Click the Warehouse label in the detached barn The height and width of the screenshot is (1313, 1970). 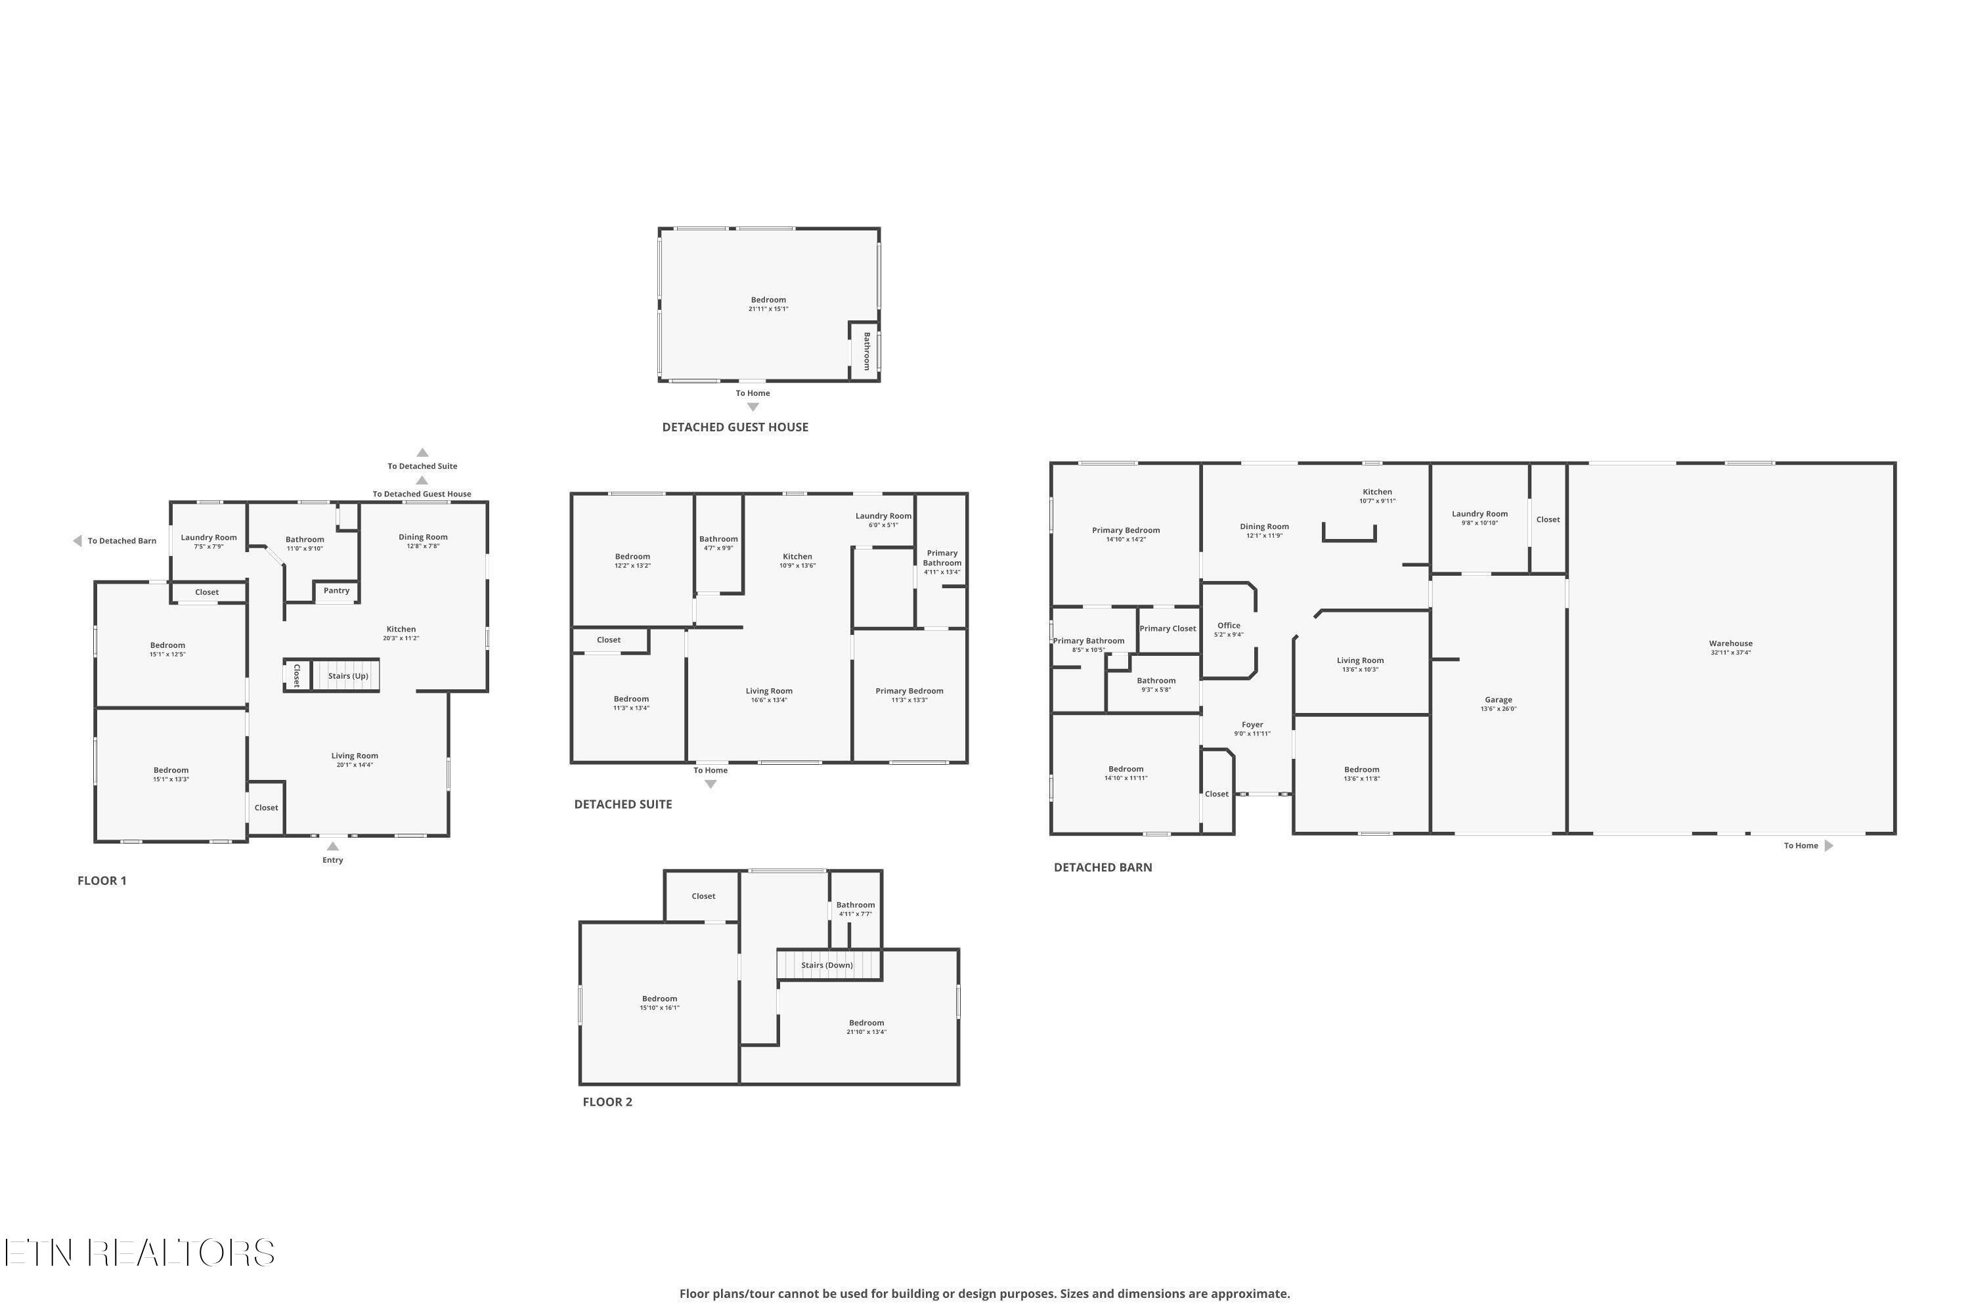[x=1730, y=643]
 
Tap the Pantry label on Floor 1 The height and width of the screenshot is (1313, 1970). [x=337, y=590]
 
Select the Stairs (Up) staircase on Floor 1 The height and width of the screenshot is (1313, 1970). [x=346, y=675]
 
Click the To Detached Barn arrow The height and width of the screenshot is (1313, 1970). [x=77, y=541]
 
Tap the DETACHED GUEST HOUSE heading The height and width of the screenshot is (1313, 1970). [x=735, y=427]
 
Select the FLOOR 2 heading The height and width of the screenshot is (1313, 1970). [x=607, y=1102]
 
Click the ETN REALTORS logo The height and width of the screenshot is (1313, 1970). [x=139, y=1253]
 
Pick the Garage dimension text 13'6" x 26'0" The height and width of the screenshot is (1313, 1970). [x=1499, y=708]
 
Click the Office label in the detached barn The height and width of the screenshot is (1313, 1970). [x=1229, y=626]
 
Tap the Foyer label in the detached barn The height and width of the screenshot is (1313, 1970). [x=1252, y=724]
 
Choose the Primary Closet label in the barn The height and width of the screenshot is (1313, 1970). [x=1168, y=628]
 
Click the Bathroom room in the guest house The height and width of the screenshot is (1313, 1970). [x=864, y=352]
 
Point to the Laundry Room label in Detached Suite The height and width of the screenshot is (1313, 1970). [x=883, y=516]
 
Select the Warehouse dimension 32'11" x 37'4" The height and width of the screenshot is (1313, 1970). [x=1730, y=653]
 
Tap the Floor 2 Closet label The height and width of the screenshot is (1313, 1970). [x=703, y=896]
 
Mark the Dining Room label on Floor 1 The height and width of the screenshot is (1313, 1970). [x=423, y=537]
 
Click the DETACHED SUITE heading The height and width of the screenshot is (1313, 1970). [x=623, y=804]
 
